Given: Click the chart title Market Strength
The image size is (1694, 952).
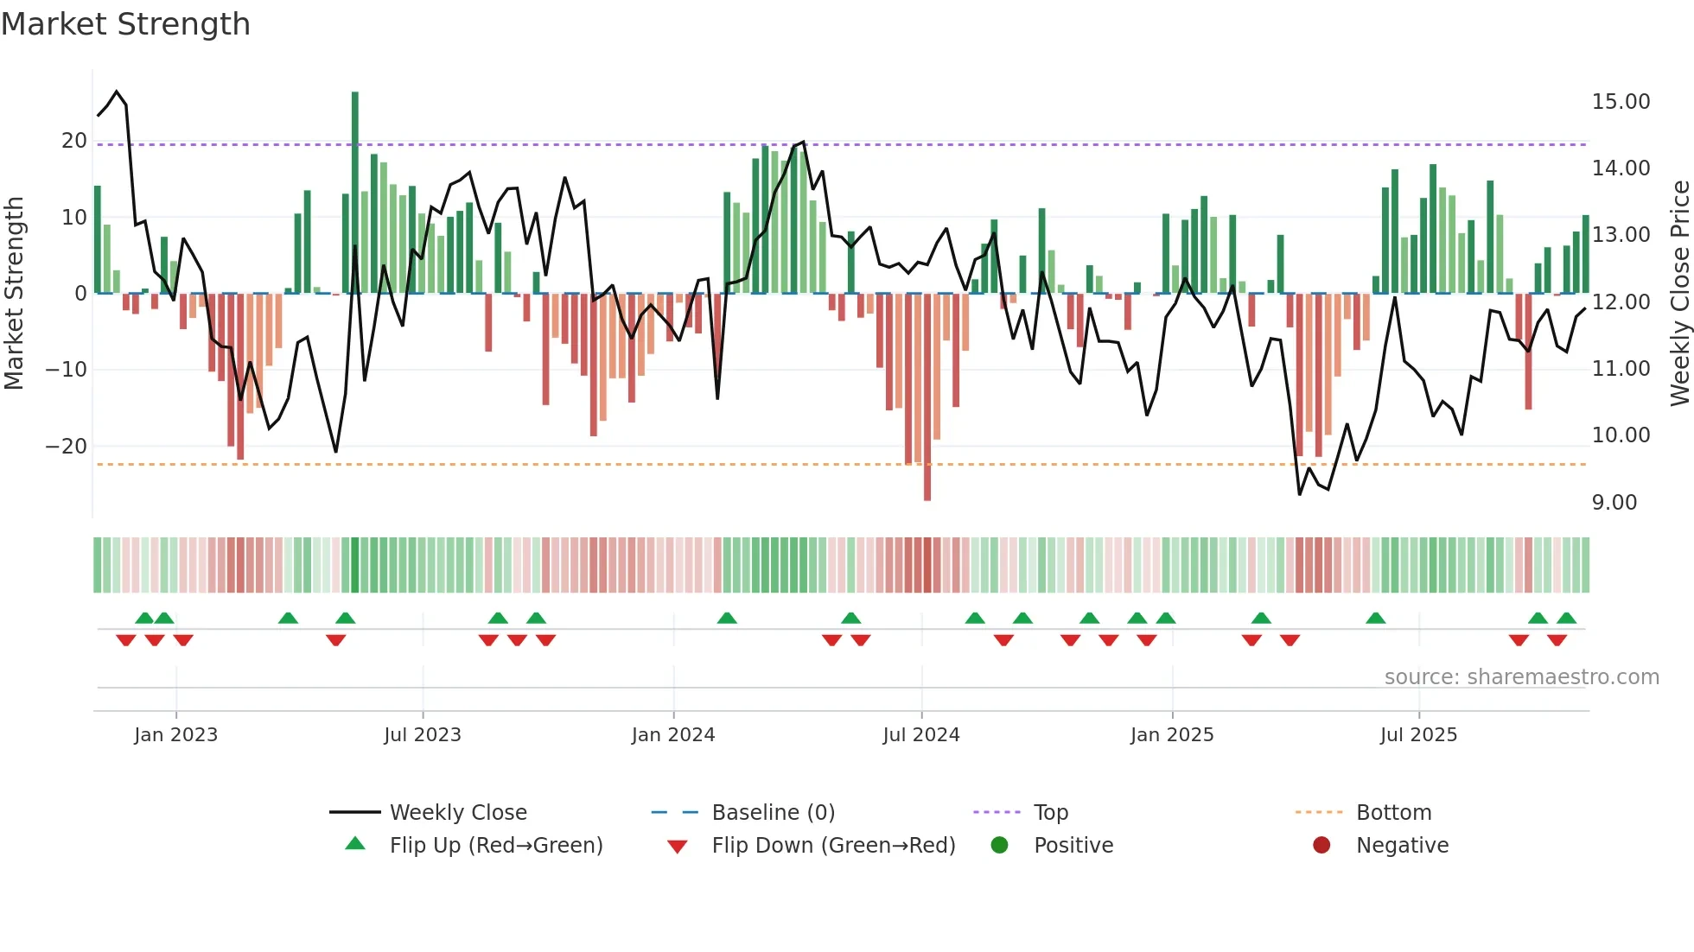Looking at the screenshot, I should (125, 24).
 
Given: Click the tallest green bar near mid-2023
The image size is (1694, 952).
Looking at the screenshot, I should (354, 190).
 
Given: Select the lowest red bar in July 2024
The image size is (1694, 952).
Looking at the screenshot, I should (927, 397).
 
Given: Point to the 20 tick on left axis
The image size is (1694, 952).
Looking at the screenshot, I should (74, 141).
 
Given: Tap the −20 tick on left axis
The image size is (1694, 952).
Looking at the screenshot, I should (67, 447).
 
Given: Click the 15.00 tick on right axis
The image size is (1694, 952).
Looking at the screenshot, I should (1621, 102).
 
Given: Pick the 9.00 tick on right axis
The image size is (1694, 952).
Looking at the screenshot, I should (1614, 503).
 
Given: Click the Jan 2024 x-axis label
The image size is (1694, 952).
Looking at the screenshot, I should (673, 735).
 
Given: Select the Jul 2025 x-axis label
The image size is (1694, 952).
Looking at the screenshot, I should (1418, 735).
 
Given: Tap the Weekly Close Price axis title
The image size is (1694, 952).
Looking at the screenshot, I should (1679, 294).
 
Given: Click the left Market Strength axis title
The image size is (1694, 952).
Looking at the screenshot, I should (14, 294).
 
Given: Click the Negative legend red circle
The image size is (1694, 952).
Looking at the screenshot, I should (1321, 846).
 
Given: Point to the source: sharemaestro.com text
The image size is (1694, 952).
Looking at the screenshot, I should (1521, 677).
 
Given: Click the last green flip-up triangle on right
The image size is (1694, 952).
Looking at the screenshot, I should (1566, 619).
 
